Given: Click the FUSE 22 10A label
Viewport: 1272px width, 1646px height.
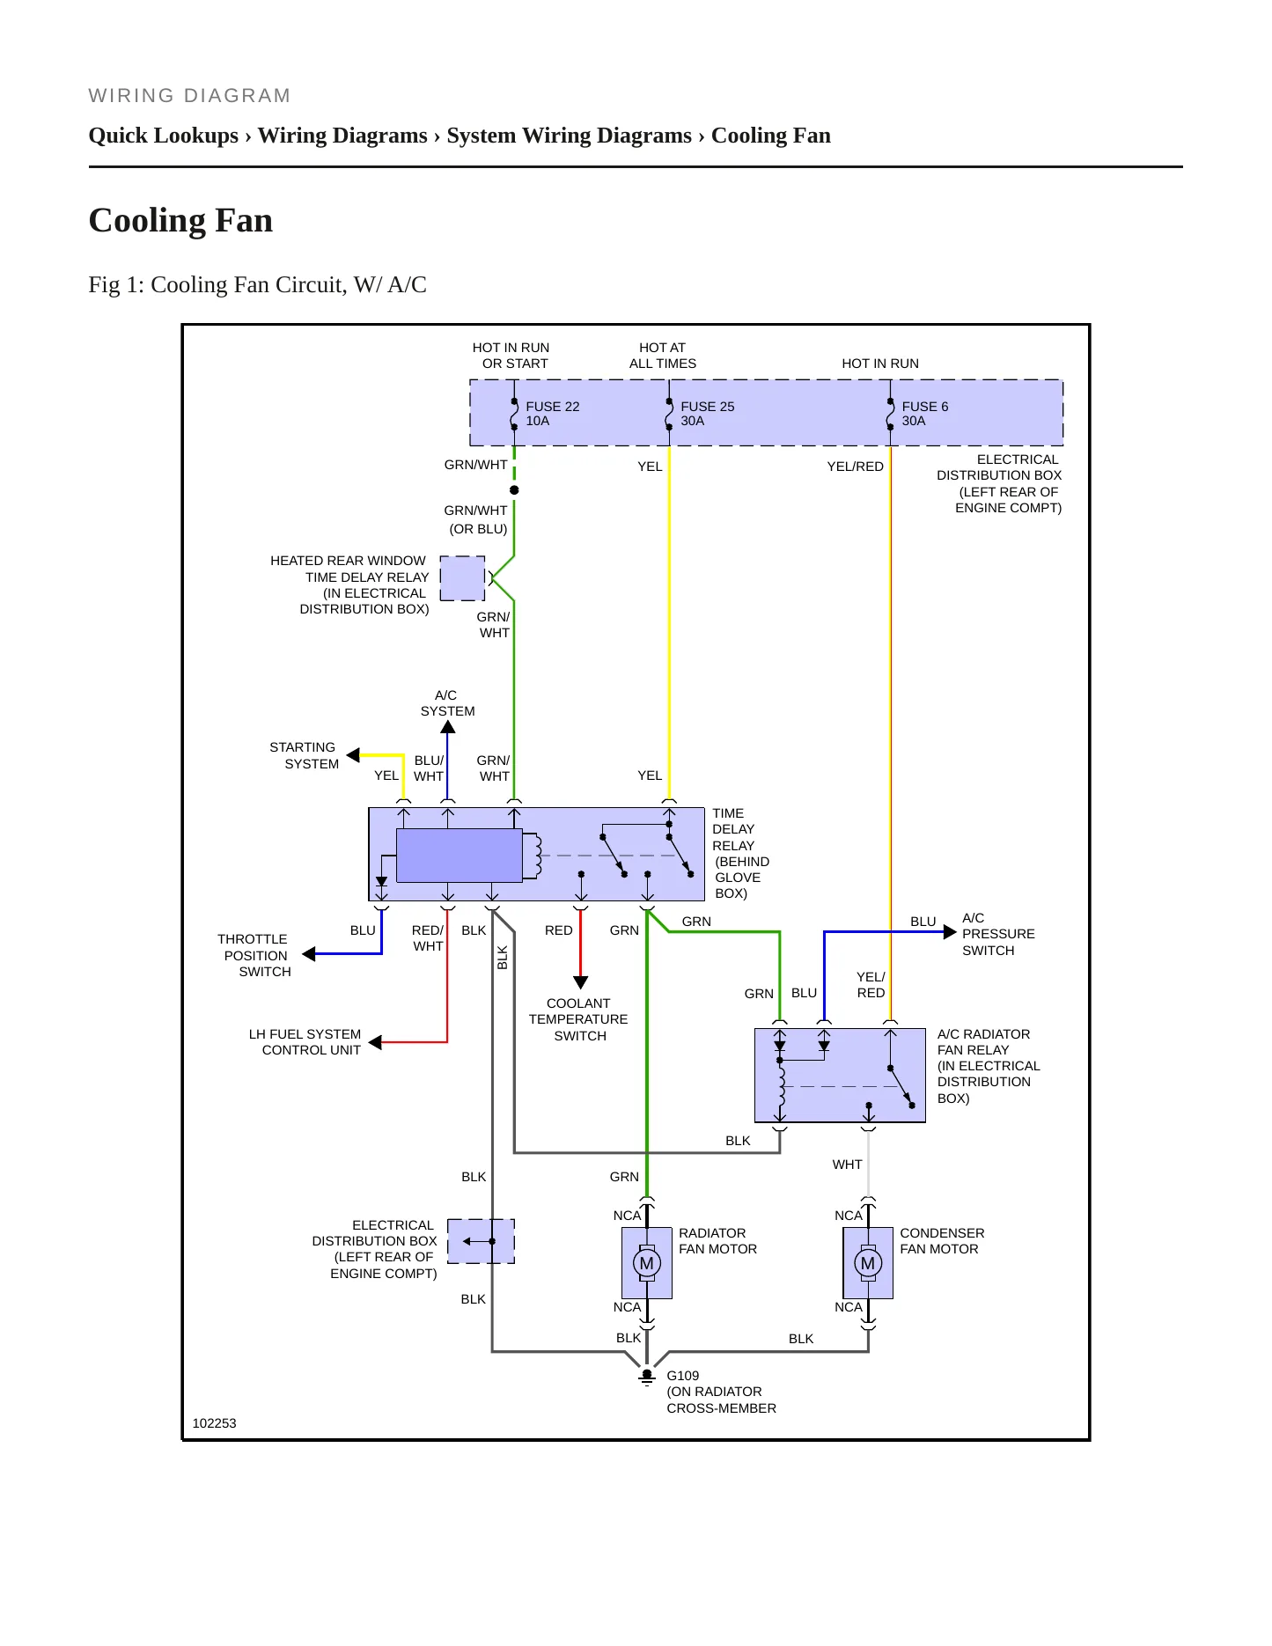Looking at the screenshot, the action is [x=552, y=414].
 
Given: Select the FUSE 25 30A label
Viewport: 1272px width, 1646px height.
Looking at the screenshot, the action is [x=707, y=414].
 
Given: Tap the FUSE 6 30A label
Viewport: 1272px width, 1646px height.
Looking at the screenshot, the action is [x=924, y=414].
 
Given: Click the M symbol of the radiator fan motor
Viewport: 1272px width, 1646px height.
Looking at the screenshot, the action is [x=647, y=1264].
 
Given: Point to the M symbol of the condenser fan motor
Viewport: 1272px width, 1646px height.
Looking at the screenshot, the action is [x=868, y=1264].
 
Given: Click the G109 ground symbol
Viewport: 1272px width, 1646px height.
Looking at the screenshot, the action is [x=647, y=1377].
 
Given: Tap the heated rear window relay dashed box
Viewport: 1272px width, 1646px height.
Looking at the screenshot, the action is [x=462, y=578].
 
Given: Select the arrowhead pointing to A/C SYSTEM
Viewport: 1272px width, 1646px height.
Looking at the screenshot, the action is [x=448, y=727].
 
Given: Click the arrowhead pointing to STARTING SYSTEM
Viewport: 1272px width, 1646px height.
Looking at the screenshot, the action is [x=353, y=755].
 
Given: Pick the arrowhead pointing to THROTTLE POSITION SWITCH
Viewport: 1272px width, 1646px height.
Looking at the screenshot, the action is [x=308, y=954].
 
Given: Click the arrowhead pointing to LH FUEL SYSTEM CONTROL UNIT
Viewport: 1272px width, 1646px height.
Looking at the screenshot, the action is [x=375, y=1042].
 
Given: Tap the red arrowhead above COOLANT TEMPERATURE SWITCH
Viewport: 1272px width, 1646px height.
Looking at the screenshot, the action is [x=580, y=982].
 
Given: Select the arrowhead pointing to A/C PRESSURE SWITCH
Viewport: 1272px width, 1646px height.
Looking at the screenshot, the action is [x=950, y=932].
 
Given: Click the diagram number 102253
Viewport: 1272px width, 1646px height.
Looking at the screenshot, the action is [x=214, y=1423].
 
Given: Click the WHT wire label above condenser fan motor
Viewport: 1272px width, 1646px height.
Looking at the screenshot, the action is [x=847, y=1165].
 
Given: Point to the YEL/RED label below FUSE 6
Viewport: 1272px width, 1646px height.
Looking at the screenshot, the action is [x=855, y=467].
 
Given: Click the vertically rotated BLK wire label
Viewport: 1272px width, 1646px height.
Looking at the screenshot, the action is [x=503, y=958].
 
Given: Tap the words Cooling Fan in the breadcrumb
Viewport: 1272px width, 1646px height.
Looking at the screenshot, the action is [x=771, y=136].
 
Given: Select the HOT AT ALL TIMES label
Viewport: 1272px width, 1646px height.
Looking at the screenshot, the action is [x=662, y=356].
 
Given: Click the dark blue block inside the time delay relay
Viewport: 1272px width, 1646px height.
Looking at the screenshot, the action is [x=460, y=855].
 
